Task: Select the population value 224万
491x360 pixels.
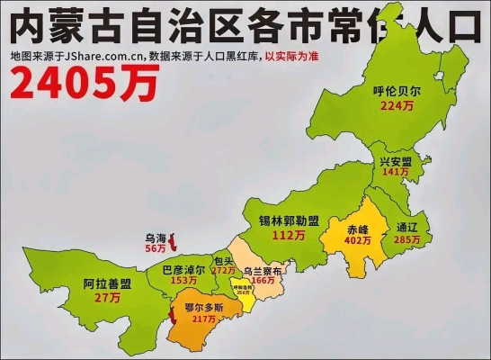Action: pyautogui.click(x=397, y=105)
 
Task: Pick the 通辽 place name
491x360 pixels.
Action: pyautogui.click(x=407, y=228)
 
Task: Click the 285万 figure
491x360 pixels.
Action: pyautogui.click(x=407, y=240)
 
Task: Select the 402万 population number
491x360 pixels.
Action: pyautogui.click(x=359, y=241)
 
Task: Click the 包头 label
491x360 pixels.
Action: pyautogui.click(x=223, y=261)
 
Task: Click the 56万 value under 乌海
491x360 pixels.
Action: pyautogui.click(x=156, y=247)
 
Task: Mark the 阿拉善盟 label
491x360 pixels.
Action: pyautogui.click(x=108, y=283)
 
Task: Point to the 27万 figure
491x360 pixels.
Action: pyautogui.click(x=108, y=297)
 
